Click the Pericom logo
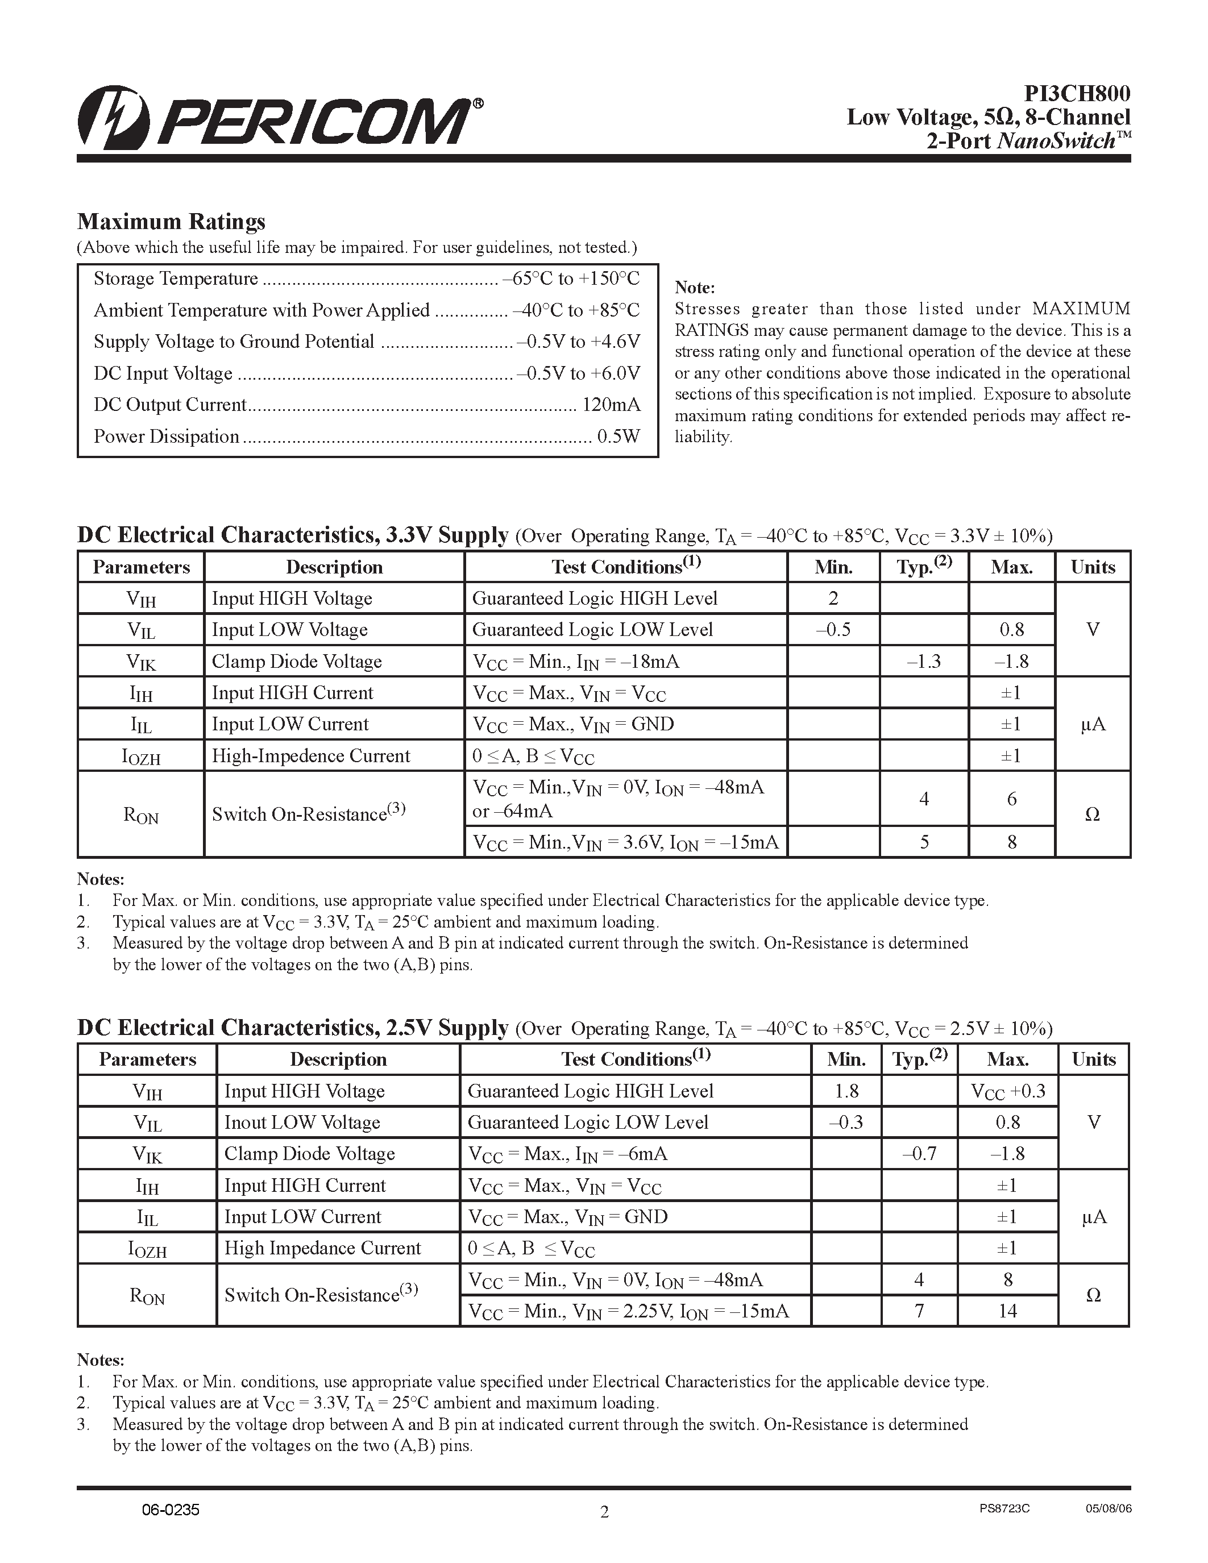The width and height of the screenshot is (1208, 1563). (x=279, y=119)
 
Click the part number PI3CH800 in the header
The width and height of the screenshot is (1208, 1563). (x=1077, y=94)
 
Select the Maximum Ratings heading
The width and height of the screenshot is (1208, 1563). (x=171, y=221)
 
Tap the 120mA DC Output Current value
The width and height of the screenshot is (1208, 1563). (x=611, y=405)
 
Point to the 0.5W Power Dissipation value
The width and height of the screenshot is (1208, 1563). (x=618, y=437)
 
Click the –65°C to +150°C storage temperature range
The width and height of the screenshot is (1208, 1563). (x=571, y=278)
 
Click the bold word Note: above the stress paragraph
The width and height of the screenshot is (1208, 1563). (x=694, y=288)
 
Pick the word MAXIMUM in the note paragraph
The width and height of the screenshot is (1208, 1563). (x=1081, y=309)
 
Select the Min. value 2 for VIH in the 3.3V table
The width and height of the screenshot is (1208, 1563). (x=833, y=598)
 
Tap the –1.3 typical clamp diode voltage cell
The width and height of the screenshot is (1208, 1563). (x=923, y=661)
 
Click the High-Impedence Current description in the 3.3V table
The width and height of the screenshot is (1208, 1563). (x=310, y=756)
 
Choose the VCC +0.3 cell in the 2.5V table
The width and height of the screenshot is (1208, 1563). (x=1008, y=1091)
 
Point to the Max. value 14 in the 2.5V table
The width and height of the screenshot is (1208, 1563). (x=1008, y=1311)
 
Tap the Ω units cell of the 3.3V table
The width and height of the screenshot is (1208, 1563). (x=1092, y=814)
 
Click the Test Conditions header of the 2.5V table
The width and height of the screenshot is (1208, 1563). (x=635, y=1059)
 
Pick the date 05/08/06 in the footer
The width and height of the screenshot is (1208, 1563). (x=1109, y=1508)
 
